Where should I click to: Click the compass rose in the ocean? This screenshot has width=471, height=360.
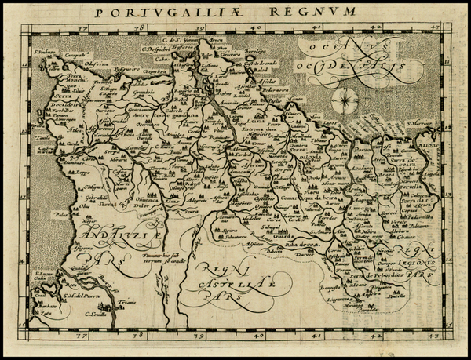(x=343, y=100)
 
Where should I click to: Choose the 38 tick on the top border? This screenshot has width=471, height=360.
(x=139, y=27)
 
